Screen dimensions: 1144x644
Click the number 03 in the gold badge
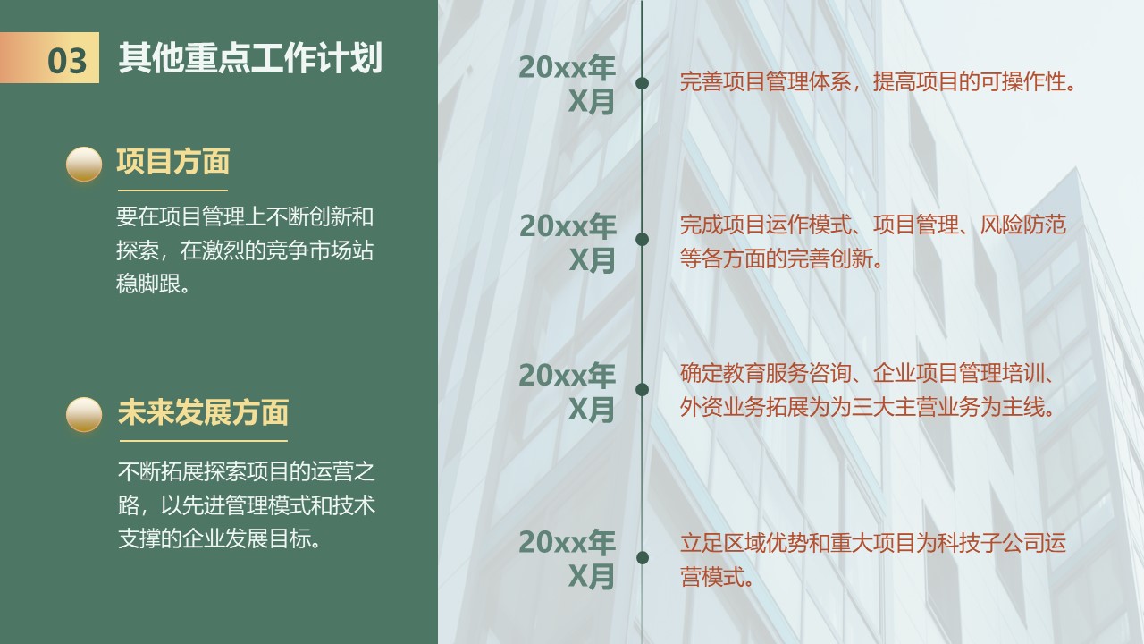[x=67, y=61]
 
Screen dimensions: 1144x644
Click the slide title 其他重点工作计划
[x=250, y=58]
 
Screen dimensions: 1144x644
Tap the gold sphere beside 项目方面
[x=84, y=164]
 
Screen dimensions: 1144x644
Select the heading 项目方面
[x=173, y=162]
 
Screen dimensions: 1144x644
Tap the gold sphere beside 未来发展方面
[x=84, y=414]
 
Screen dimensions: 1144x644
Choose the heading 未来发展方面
[x=203, y=412]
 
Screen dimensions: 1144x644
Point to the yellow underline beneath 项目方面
[x=172, y=191]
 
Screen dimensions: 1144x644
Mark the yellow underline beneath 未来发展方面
[x=203, y=441]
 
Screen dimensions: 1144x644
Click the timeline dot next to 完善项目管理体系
[x=642, y=83]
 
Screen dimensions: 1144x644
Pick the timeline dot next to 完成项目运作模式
[x=642, y=239]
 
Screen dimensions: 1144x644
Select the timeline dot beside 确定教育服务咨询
[x=642, y=389]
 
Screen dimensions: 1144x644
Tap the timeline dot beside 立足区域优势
[x=643, y=557]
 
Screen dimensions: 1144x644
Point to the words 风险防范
[x=1023, y=225]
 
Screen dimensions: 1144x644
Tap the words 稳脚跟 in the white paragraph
[x=148, y=284]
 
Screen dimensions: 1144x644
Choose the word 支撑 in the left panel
[x=139, y=538]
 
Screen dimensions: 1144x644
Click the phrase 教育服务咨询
[x=766, y=373]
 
